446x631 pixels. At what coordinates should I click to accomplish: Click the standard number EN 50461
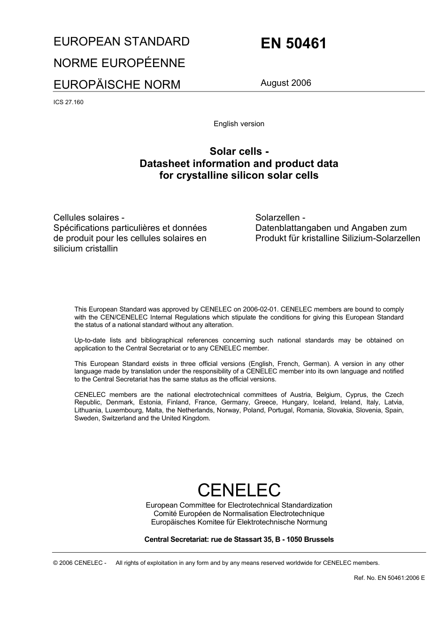coord(293,44)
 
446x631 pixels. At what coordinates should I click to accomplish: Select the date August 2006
coord(285,83)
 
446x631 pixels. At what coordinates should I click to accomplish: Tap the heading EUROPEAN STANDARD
coord(122,41)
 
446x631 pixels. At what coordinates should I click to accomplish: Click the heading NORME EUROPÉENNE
coord(119,63)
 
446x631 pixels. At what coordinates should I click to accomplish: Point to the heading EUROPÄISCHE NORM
coord(117,84)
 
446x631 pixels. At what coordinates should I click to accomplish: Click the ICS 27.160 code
coord(69,102)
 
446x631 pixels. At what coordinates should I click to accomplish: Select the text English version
coord(239,124)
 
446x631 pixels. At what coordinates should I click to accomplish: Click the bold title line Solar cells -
coord(239,151)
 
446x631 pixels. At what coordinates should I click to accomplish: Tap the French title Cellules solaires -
coord(89,218)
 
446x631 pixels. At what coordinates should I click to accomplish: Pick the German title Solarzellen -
coord(280,218)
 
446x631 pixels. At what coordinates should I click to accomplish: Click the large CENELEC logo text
coord(239,490)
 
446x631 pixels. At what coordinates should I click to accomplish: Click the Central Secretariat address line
coord(239,540)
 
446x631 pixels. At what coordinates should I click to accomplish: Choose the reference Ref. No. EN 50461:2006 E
coord(389,578)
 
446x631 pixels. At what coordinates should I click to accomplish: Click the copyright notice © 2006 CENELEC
coord(80,563)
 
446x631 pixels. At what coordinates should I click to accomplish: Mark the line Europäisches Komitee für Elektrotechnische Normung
coord(239,522)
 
